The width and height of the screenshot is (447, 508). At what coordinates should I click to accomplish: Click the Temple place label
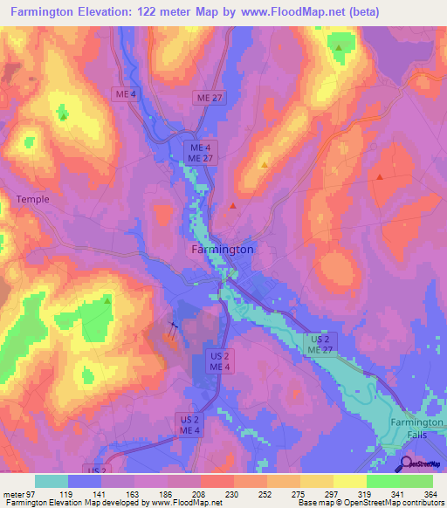[x=33, y=199]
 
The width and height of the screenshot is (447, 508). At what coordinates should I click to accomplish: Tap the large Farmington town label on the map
[x=223, y=249]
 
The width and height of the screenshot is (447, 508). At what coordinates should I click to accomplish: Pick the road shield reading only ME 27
[x=210, y=100]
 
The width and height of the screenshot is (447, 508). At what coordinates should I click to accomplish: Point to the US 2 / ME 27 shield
[x=320, y=343]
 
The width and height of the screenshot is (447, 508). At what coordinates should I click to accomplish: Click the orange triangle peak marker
[x=265, y=163]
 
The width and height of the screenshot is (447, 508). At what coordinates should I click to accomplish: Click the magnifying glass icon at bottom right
[x=405, y=463]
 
